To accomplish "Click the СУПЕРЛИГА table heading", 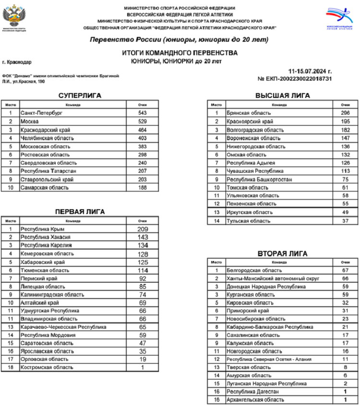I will tap(79, 95).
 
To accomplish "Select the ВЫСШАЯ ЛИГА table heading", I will tap(282, 95).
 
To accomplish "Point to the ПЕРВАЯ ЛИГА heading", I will tap(80, 212).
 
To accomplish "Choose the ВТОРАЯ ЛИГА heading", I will tap(282, 253).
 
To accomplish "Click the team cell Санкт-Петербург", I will tap(41, 113).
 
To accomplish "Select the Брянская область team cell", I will tap(249, 113).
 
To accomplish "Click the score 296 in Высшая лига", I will tap(345, 113).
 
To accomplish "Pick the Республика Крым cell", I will tap(42, 229).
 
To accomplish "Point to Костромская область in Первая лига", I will tap(47, 367).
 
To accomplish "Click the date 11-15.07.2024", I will tap(310, 71).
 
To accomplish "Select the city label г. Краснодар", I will tap(17, 62).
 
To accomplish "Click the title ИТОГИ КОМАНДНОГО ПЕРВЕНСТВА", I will tap(180, 53).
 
